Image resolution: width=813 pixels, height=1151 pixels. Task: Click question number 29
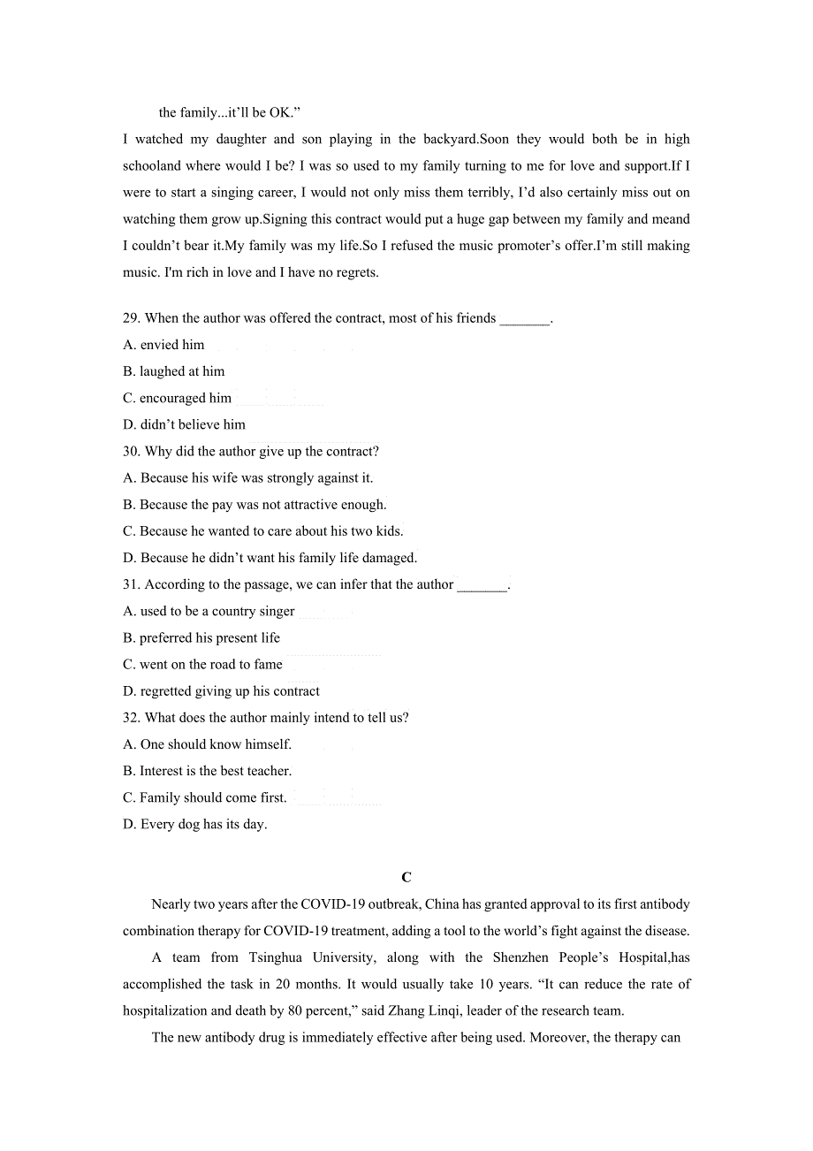[132, 318]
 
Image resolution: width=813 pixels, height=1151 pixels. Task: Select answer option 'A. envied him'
[164, 345]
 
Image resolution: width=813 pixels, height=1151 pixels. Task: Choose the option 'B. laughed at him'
[174, 371]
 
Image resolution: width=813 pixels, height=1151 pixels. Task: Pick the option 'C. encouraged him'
[178, 398]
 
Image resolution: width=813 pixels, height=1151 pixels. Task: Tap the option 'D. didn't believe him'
[185, 424]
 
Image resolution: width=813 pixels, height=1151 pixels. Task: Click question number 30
[132, 451]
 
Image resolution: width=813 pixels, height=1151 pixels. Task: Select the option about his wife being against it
[248, 477]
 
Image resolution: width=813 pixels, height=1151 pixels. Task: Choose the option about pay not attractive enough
[255, 505]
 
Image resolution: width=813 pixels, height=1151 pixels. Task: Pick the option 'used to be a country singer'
[209, 611]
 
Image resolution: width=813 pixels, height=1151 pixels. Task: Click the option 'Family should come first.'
[205, 797]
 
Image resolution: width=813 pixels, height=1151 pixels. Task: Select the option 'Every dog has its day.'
[195, 824]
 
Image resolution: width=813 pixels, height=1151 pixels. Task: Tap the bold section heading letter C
[406, 878]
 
